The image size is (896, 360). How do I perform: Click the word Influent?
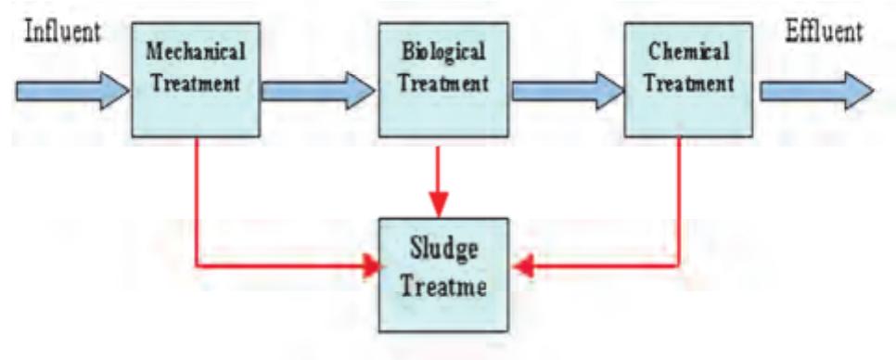60,32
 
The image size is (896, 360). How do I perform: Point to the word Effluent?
824,32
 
